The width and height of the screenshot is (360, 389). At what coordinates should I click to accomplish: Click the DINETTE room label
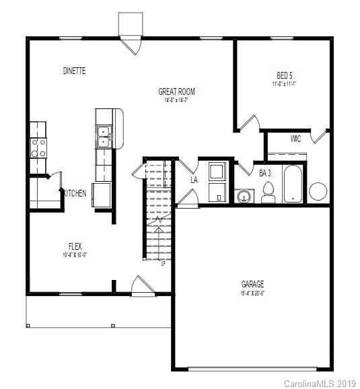point(74,71)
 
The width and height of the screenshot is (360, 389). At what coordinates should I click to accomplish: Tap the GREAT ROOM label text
point(176,92)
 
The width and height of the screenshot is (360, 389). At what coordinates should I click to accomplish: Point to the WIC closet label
point(295,139)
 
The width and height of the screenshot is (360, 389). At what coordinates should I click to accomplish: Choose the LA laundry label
point(194,180)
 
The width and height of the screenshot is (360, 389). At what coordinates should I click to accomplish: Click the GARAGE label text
point(253,284)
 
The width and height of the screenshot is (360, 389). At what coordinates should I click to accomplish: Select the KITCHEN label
point(74,193)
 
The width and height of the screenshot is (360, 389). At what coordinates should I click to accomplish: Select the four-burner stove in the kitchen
point(37,147)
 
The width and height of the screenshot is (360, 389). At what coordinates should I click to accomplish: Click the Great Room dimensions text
point(176,101)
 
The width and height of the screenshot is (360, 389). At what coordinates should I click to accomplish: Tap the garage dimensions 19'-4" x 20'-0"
point(253,293)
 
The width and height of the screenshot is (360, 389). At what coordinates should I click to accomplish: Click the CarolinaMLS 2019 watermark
point(319,383)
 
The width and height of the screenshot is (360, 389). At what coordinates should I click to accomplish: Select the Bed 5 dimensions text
point(285,84)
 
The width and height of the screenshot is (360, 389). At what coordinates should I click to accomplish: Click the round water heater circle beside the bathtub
point(318,192)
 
